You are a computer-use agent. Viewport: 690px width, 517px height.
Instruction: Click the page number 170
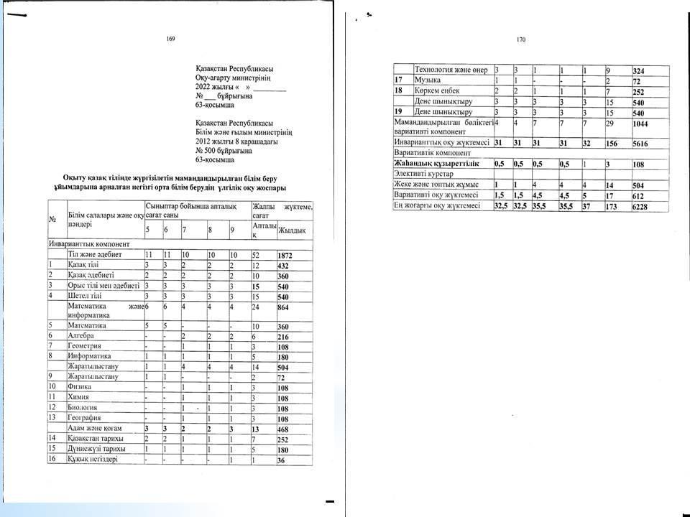coord(521,41)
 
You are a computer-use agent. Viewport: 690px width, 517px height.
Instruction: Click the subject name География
coord(86,418)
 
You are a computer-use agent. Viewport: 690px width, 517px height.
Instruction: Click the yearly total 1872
coord(286,255)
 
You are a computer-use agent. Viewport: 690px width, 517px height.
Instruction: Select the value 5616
coord(641,143)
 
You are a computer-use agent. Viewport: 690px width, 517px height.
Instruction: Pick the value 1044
coord(641,125)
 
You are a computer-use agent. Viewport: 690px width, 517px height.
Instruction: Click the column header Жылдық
coord(292,230)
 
